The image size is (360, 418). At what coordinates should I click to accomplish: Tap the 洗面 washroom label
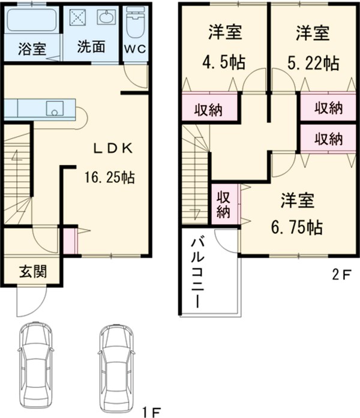(92, 48)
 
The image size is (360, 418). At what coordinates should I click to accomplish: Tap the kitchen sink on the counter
(56, 109)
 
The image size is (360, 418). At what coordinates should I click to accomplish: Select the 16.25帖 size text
(109, 178)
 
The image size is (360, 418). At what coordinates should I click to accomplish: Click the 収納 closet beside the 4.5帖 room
(208, 109)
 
